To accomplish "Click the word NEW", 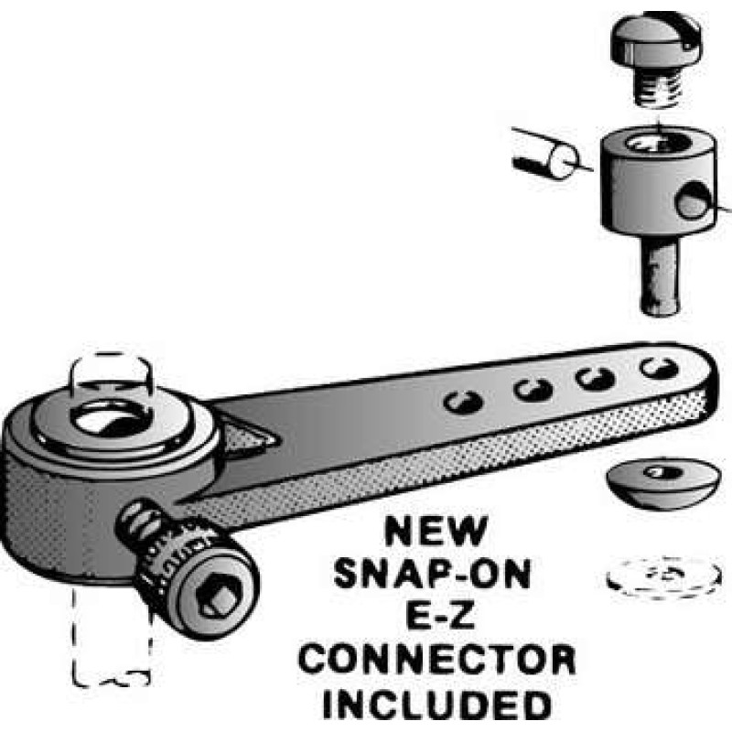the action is tap(436, 532).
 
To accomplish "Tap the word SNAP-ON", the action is tap(433, 574).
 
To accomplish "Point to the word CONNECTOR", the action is tap(437, 659).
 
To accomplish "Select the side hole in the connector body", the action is tap(693, 200).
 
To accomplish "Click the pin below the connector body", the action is tap(659, 275).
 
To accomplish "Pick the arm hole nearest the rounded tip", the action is tap(659, 369).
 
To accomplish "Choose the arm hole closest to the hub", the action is tap(463, 402).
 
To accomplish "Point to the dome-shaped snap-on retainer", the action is tap(661, 482).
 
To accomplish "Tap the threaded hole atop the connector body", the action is tap(657, 142).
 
